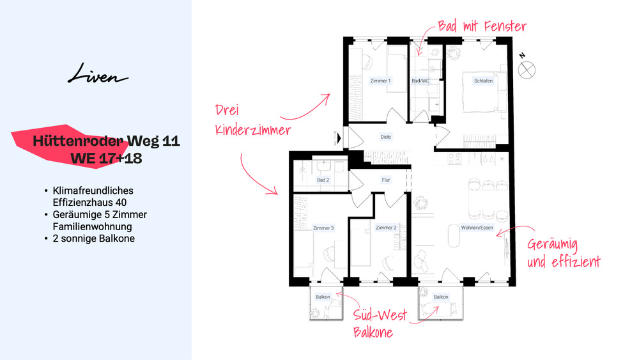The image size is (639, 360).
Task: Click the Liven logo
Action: [98, 74]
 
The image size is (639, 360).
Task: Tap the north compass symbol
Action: [527, 70]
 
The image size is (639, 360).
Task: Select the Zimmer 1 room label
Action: [380, 81]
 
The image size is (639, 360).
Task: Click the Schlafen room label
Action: [483, 81]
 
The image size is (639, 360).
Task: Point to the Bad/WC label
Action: [420, 81]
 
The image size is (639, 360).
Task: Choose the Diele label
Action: [385, 137]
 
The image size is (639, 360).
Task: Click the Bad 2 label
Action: [323, 180]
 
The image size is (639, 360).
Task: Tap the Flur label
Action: [386, 180]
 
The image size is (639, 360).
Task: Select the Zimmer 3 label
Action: [323, 228]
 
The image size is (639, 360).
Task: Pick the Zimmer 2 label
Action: [386, 228]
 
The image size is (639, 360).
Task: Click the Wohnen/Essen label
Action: [477, 228]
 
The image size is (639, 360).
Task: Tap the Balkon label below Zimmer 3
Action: [323, 297]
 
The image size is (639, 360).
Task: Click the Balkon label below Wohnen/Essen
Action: [441, 297]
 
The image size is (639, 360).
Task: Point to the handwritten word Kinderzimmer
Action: [252, 130]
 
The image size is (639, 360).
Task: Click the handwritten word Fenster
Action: [505, 26]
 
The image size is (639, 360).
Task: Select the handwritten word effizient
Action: [576, 262]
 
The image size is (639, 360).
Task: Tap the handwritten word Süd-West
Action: [380, 315]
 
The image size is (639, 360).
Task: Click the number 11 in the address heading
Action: [171, 141]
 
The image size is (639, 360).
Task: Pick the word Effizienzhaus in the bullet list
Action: [77, 203]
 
